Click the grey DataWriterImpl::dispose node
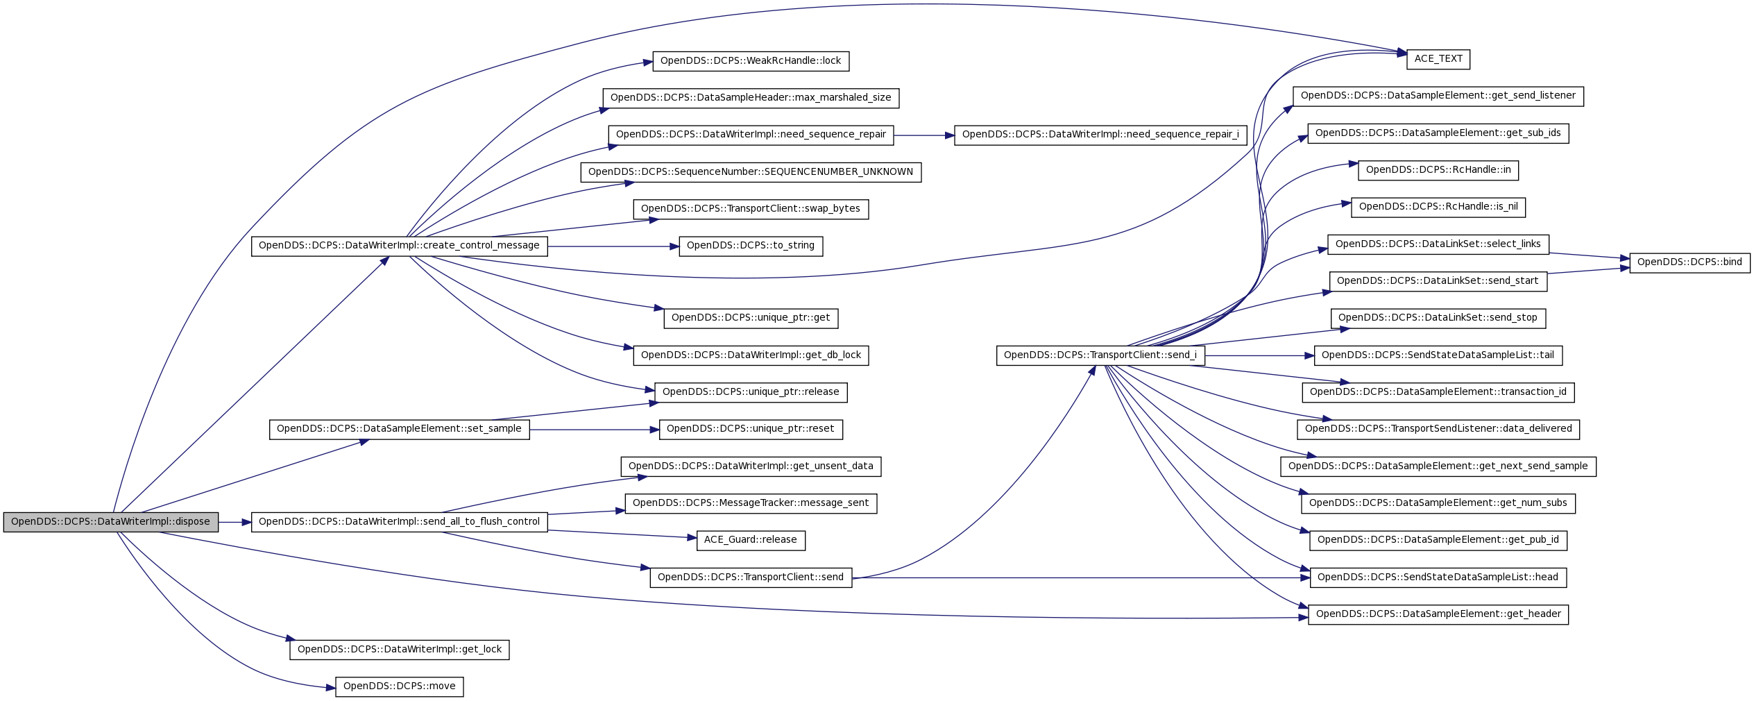click(x=111, y=522)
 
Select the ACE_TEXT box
click(x=1438, y=59)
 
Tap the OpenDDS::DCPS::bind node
click(x=1689, y=263)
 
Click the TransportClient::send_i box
click(x=1100, y=355)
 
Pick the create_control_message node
click(x=399, y=246)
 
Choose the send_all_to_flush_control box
click(x=399, y=522)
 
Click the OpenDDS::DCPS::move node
click(x=399, y=687)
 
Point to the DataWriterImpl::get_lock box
click(x=399, y=650)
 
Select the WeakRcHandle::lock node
click(x=751, y=61)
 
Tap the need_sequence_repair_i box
click(x=1100, y=135)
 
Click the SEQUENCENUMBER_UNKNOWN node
click(x=751, y=172)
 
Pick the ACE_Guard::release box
click(x=751, y=540)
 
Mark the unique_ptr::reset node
click(x=751, y=429)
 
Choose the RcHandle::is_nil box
click(x=1438, y=207)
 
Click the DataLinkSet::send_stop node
click(x=1438, y=319)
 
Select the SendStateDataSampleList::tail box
click(x=1438, y=355)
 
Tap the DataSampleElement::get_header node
click(x=1438, y=614)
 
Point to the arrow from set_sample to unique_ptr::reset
click(x=594, y=430)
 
